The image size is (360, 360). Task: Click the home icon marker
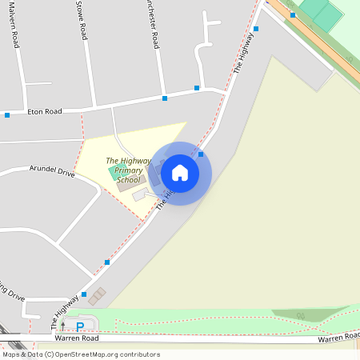pyautogui.click(x=180, y=173)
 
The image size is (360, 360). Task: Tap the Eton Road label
pyautogui.click(x=45, y=111)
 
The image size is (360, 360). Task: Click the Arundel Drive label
pyautogui.click(x=52, y=171)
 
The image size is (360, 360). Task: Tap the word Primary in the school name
pyautogui.click(x=128, y=170)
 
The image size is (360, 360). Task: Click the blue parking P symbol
pyautogui.click(x=79, y=326)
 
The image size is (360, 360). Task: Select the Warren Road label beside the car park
pyautogui.click(x=77, y=338)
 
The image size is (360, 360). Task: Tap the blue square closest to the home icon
pyautogui.click(x=201, y=154)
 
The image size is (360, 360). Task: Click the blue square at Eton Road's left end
pyautogui.click(x=7, y=115)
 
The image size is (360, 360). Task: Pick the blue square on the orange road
pyautogui.click(x=293, y=14)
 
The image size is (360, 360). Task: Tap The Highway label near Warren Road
pyautogui.click(x=66, y=310)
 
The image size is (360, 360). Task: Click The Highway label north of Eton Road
pyautogui.click(x=242, y=56)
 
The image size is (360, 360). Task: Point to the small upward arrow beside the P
pyautogui.click(x=63, y=326)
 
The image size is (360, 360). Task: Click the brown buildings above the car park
pyautogui.click(x=96, y=297)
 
